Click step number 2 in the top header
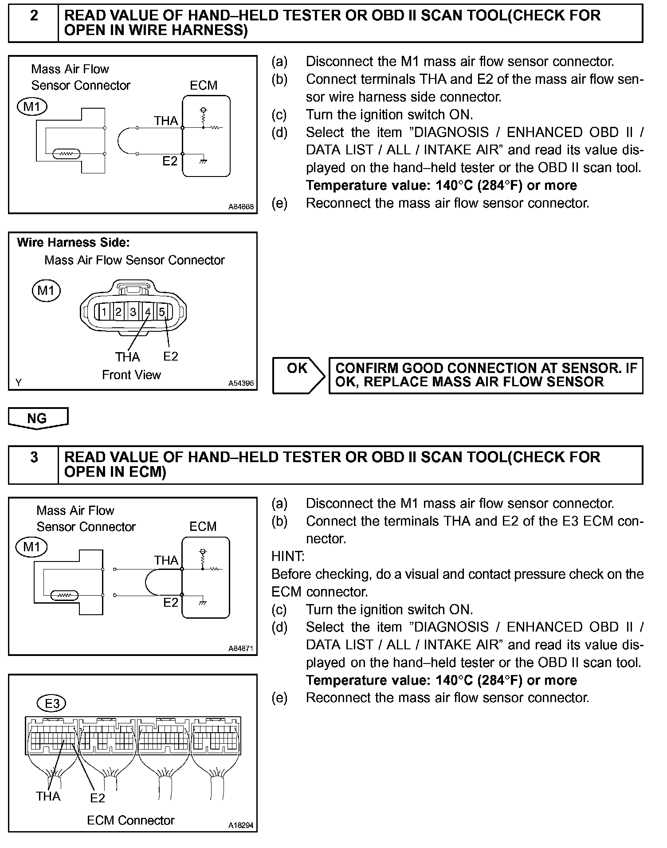click(34, 16)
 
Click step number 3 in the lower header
click(34, 457)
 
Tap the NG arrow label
click(37, 418)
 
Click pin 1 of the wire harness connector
click(104, 312)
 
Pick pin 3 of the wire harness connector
click(133, 312)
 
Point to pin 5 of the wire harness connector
click(162, 312)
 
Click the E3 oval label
click(52, 703)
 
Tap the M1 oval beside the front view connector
click(46, 291)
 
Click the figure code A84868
click(241, 207)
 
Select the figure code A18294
click(241, 825)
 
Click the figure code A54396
click(241, 383)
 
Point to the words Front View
click(131, 375)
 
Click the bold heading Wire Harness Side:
click(73, 243)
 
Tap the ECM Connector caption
click(130, 821)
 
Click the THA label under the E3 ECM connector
click(48, 797)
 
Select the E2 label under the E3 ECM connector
click(98, 798)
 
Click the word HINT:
click(288, 556)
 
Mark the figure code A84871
click(241, 648)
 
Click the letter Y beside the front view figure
click(18, 382)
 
